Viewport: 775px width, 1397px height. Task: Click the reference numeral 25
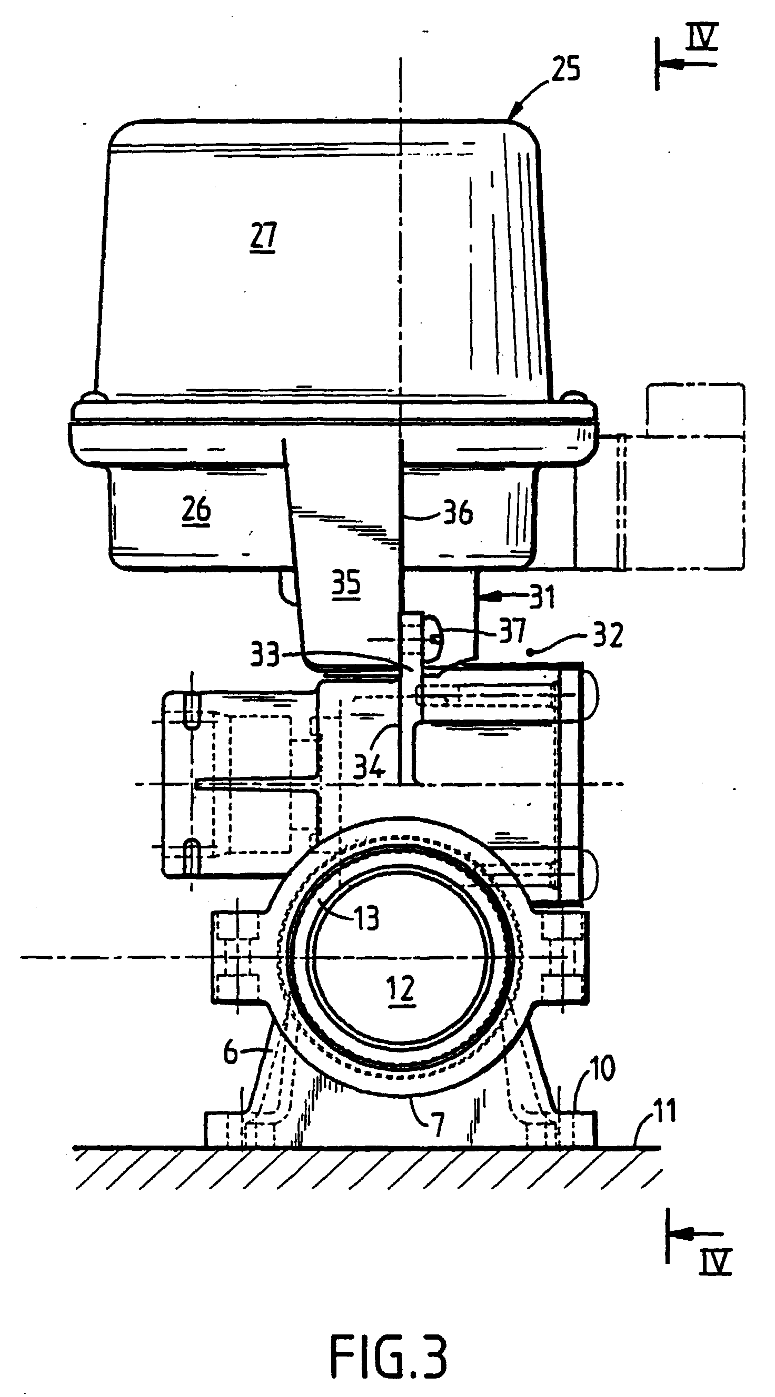pos(565,70)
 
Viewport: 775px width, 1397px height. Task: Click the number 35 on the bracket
pos(346,583)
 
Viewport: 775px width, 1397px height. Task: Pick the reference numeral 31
pos(542,597)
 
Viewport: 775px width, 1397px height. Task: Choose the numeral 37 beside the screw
pos(513,630)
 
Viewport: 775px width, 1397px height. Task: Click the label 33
pos(265,655)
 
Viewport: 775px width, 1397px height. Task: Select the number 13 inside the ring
pos(366,918)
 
